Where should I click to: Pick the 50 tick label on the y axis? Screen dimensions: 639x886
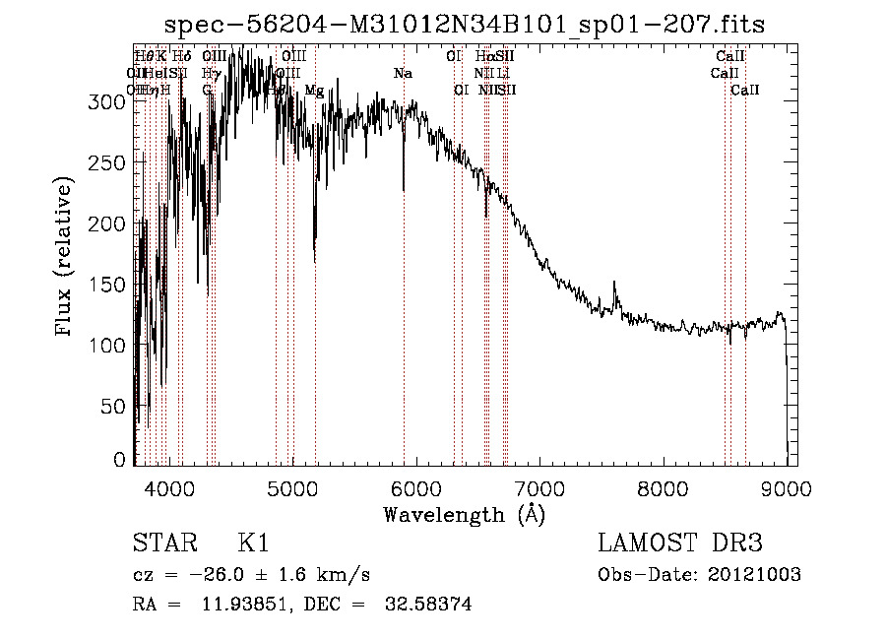click(115, 406)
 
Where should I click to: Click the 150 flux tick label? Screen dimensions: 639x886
click(110, 285)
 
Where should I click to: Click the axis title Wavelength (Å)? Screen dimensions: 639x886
click(465, 514)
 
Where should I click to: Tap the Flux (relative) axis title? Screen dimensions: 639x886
click(66, 258)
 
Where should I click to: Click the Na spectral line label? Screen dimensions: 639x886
click(402, 74)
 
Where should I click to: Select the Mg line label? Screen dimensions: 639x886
click(314, 91)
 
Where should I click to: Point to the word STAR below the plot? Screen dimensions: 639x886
click(163, 543)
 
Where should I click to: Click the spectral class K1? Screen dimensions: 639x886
click(253, 543)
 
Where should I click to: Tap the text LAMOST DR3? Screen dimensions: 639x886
click(680, 543)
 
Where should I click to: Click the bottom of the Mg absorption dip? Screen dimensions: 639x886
click(315, 261)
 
